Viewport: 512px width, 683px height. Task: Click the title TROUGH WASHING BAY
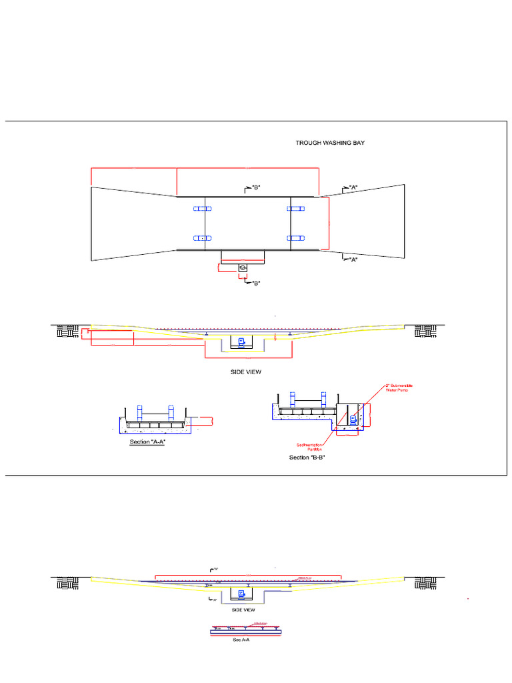tap(330, 143)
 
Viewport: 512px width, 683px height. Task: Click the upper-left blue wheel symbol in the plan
tap(202, 209)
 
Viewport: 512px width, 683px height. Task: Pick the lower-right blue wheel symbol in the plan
tap(295, 237)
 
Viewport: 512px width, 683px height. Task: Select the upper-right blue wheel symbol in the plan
tap(295, 209)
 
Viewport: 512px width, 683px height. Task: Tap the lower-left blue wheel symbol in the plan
tap(202, 237)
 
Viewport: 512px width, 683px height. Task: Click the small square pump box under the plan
tap(243, 268)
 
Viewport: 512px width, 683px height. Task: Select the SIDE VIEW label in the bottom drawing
tap(243, 610)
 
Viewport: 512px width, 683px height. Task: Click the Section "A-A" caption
tap(147, 442)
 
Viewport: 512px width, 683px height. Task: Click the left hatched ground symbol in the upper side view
tap(67, 331)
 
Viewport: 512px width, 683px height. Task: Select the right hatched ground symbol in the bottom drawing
tap(425, 583)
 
